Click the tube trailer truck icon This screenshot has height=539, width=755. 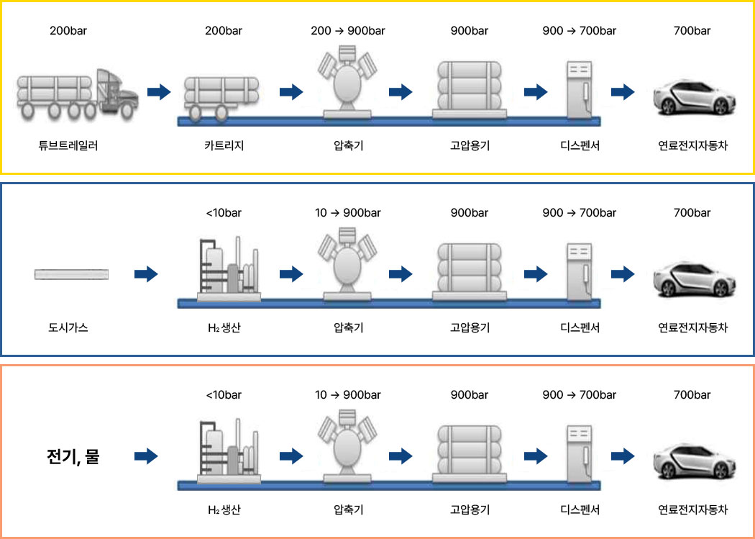coord(78,95)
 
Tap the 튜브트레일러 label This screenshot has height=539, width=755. coord(68,145)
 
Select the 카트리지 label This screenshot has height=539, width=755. coord(224,145)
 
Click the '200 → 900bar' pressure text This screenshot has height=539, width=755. coord(348,31)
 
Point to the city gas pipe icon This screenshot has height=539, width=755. coord(71,275)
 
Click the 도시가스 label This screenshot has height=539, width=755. coord(68,328)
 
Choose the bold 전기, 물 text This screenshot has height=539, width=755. coord(73,456)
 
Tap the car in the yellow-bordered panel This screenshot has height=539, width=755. coord(692,97)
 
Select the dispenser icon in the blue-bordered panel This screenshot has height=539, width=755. coord(579,272)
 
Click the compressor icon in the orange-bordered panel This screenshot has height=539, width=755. coord(347,446)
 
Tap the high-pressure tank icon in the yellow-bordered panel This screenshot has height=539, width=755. coord(470,90)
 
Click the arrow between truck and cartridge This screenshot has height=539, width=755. coord(159,91)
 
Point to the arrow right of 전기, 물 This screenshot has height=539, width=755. coord(147,456)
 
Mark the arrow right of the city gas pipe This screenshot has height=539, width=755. coord(147,274)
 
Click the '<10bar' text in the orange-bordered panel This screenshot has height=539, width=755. coord(224,395)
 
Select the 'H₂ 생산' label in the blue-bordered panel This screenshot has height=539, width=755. coord(224,328)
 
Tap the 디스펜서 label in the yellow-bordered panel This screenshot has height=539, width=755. coord(580,145)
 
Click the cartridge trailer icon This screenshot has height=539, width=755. coord(221,99)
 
